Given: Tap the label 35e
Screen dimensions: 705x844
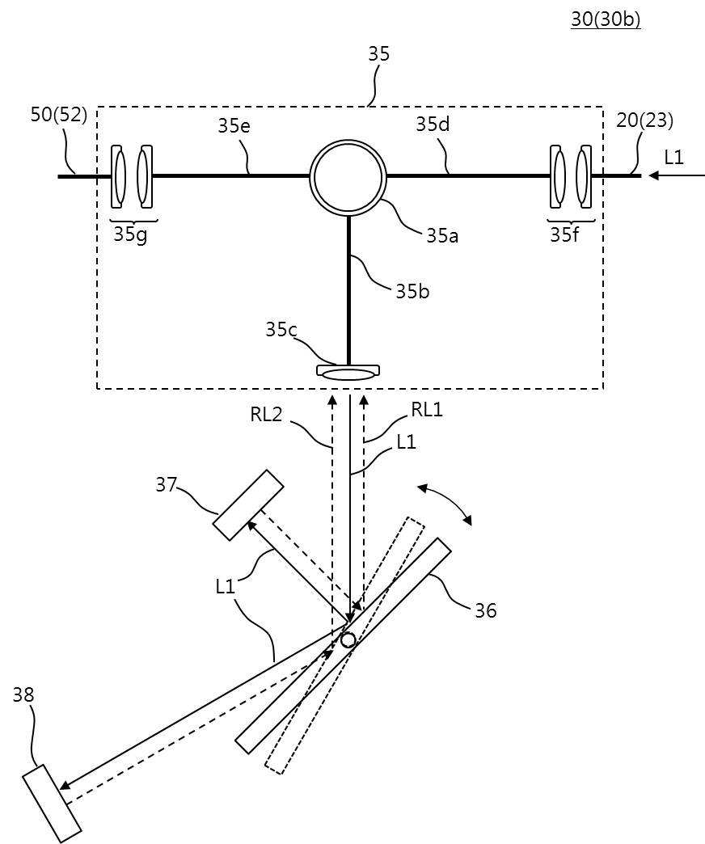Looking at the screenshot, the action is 234,125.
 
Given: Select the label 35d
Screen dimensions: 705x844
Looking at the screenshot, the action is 433,124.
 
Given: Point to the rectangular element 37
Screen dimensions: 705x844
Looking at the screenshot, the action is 248,505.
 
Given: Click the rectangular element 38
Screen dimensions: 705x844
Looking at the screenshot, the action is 52,799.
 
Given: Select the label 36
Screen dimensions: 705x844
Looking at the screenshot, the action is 485,610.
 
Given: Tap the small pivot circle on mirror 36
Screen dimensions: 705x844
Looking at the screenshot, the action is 348,639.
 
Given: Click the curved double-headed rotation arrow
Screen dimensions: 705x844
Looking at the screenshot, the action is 445,504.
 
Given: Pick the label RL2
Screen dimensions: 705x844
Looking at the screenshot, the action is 266,415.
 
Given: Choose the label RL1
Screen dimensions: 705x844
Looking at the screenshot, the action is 427,410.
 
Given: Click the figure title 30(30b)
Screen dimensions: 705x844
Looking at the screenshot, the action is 606,19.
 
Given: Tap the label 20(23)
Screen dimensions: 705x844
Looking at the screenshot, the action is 644,120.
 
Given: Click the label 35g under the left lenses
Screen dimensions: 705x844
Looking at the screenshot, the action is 129,234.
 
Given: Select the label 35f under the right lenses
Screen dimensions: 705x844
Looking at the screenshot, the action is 564,234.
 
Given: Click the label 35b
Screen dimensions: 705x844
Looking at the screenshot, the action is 413,291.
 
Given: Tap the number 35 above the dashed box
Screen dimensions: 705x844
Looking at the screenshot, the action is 379,54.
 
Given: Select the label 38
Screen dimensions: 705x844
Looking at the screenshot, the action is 23,695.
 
